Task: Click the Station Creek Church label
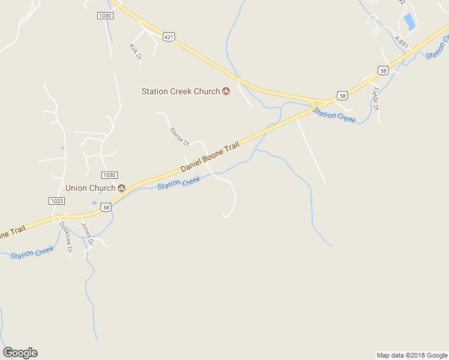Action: tap(181, 91)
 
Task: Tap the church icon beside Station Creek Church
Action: tap(226, 91)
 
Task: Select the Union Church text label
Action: tap(89, 188)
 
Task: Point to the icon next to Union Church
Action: tap(121, 188)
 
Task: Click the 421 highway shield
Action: tap(169, 37)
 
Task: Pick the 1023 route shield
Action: tap(56, 201)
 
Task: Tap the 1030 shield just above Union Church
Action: tap(109, 175)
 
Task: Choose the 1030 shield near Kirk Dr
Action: tap(104, 15)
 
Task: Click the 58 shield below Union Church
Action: tap(106, 207)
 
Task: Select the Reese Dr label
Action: tap(179, 137)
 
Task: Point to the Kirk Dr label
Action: tap(135, 52)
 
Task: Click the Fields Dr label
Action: tap(375, 99)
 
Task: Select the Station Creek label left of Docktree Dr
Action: tap(32, 253)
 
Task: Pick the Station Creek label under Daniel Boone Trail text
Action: tap(178, 182)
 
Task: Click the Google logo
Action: tap(20, 353)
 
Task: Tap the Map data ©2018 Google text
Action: tap(412, 355)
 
